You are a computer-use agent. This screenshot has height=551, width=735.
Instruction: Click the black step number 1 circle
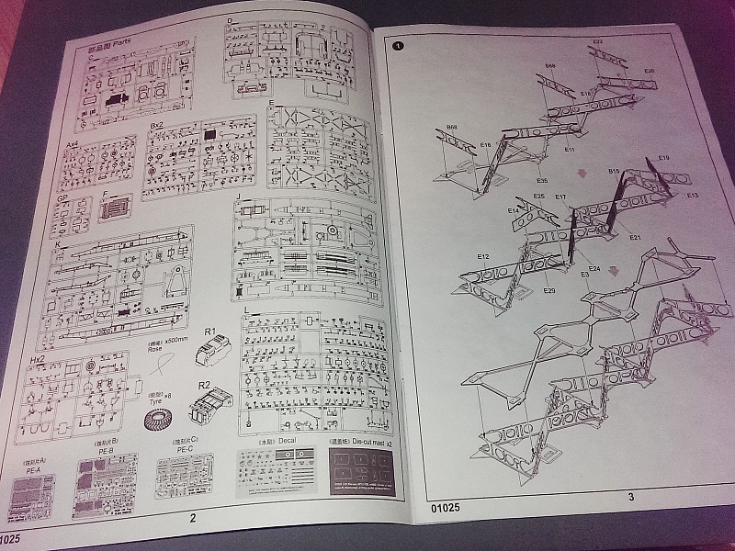tap(397, 44)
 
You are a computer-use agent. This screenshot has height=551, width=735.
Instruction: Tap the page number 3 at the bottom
tap(631, 497)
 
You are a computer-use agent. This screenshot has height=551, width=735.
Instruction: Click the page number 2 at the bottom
tap(193, 517)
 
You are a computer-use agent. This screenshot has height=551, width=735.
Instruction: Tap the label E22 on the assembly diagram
tap(597, 42)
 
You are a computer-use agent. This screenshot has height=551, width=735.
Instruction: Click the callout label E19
tap(663, 158)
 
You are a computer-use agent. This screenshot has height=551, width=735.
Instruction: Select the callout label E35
tap(542, 181)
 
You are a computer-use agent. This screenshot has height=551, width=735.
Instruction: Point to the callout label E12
tap(483, 256)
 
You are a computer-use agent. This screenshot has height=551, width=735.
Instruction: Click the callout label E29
tap(549, 291)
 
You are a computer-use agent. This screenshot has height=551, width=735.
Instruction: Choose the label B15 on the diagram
tap(614, 172)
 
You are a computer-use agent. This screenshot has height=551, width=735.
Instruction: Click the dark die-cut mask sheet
tap(365, 474)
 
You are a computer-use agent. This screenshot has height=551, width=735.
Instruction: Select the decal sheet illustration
tap(277, 472)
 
